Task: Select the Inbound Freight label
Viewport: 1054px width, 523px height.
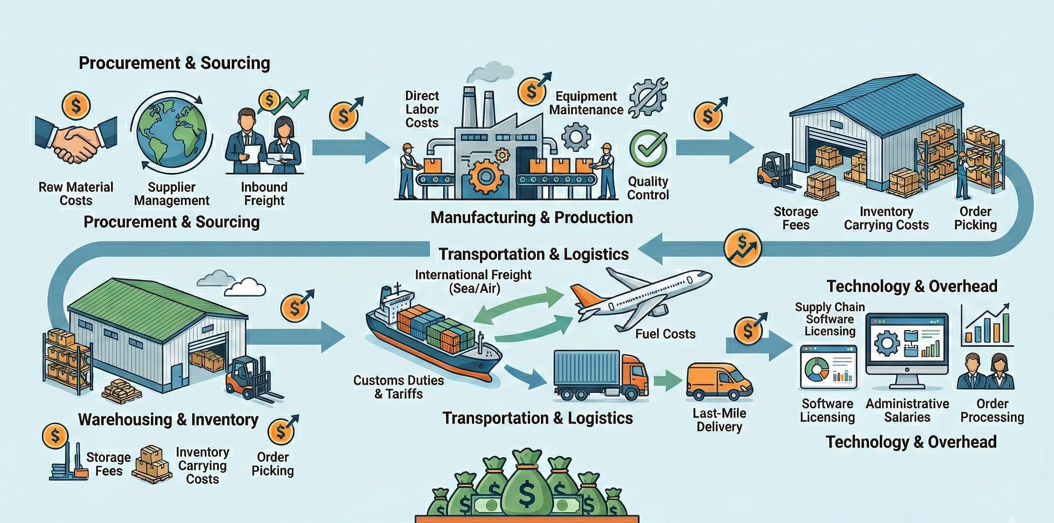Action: [264, 194]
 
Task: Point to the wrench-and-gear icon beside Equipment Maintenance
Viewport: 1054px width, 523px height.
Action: [648, 98]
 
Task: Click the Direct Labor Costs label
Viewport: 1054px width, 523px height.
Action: [422, 109]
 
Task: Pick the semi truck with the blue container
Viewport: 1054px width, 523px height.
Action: [601, 375]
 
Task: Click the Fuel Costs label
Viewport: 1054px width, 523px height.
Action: [665, 334]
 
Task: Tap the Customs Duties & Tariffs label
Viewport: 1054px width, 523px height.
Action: [398, 387]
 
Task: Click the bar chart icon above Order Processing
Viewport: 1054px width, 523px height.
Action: [987, 325]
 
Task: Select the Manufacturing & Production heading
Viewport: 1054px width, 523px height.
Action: [531, 218]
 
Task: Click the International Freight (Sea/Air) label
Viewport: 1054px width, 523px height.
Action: [473, 281]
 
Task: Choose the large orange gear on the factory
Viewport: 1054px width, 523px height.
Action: [486, 177]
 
